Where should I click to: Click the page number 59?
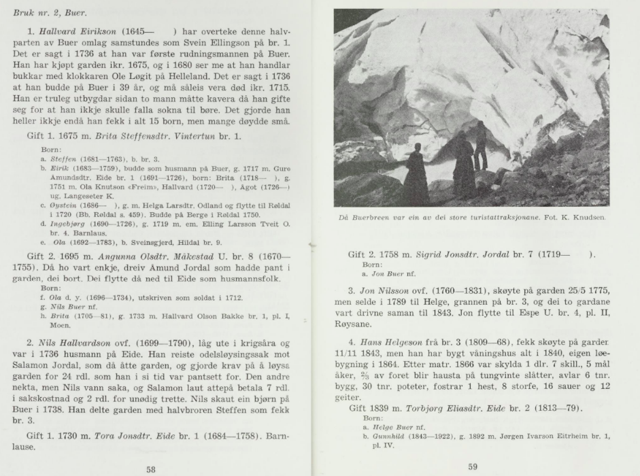point(473,466)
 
